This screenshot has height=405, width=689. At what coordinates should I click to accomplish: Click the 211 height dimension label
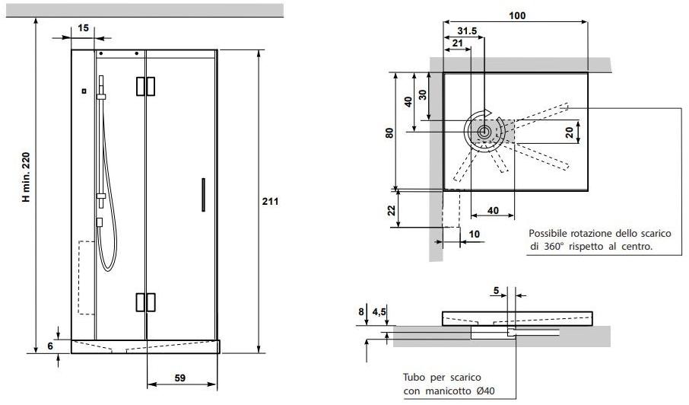(x=270, y=202)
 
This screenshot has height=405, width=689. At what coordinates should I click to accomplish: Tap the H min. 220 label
(x=27, y=177)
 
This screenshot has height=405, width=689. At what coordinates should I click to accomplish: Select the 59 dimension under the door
(x=180, y=378)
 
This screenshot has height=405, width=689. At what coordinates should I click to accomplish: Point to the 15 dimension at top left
(x=83, y=28)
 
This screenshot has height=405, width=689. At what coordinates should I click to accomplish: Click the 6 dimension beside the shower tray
(x=50, y=346)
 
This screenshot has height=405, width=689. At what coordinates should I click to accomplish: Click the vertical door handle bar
(x=203, y=195)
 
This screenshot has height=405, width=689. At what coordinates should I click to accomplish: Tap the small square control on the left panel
(x=84, y=91)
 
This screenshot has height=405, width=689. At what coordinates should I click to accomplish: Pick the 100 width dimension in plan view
(x=517, y=16)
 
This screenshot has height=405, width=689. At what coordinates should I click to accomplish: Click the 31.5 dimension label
(x=467, y=31)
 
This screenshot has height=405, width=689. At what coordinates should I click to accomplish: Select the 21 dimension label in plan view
(x=457, y=43)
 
